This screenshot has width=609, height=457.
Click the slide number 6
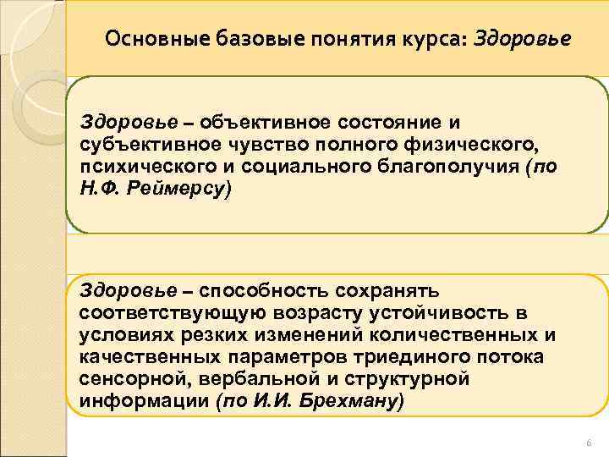589,443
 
